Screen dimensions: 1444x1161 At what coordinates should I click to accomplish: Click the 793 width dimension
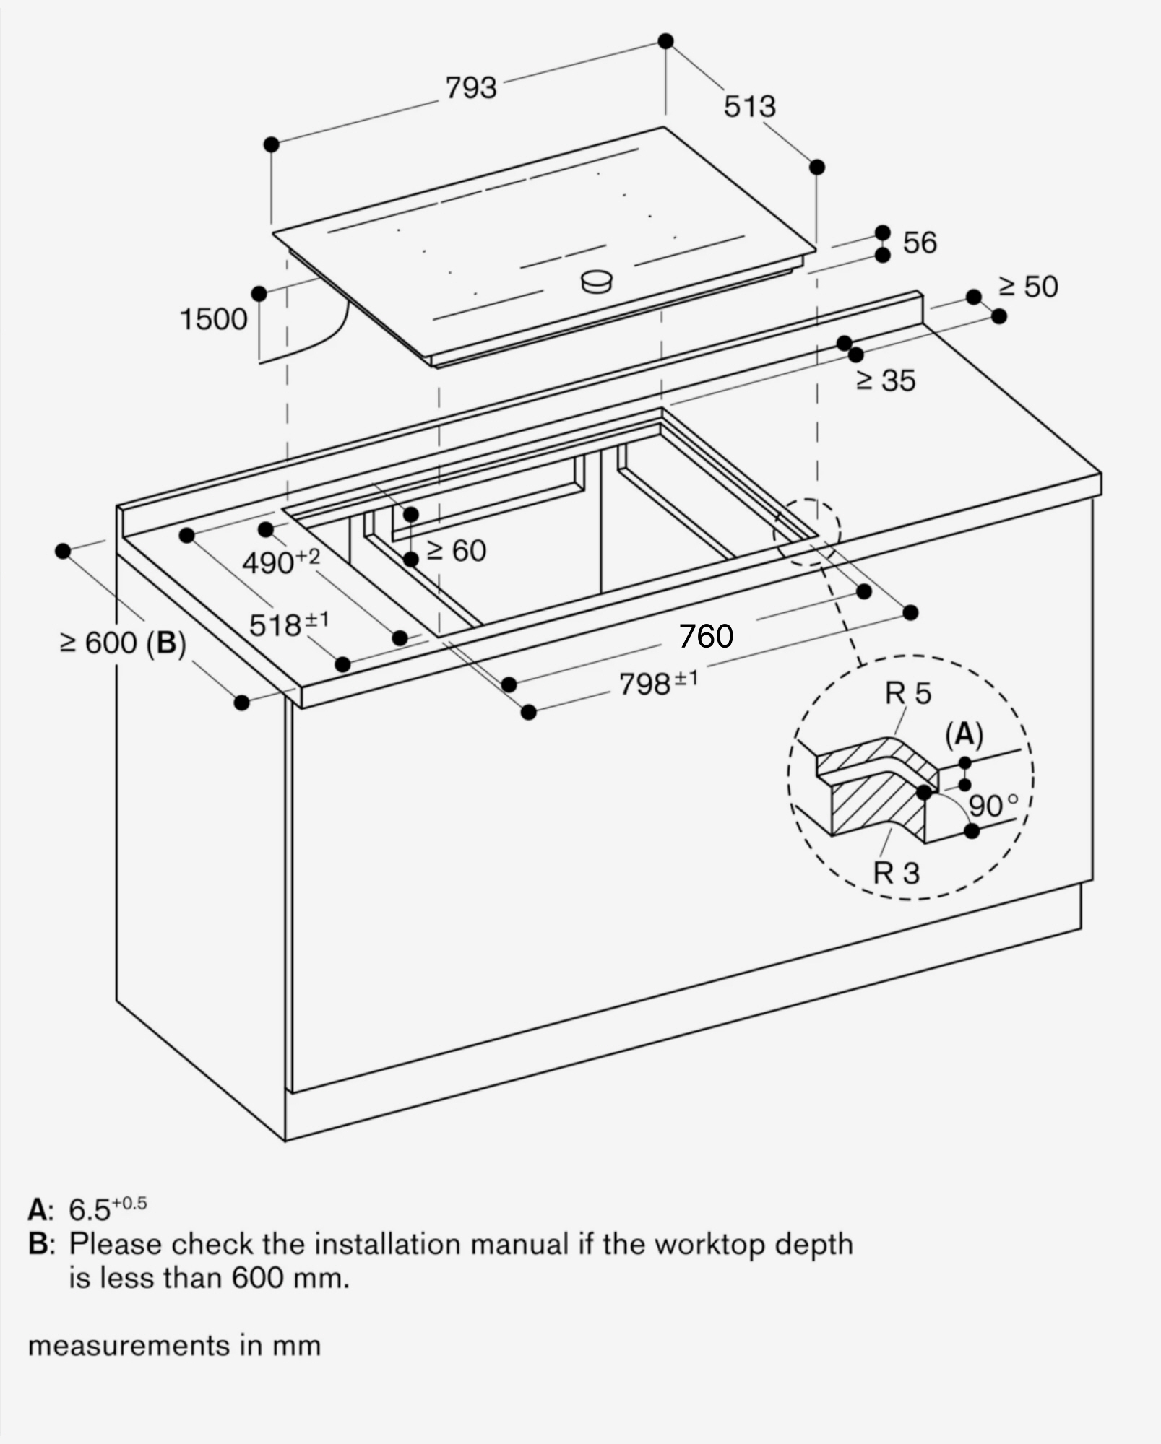click(x=471, y=88)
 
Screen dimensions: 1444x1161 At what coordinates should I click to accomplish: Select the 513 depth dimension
click(x=750, y=107)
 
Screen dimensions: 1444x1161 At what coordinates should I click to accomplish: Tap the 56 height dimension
click(x=920, y=243)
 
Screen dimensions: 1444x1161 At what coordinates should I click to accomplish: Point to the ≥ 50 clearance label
click(x=1028, y=287)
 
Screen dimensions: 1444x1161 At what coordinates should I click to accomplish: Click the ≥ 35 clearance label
click(x=886, y=381)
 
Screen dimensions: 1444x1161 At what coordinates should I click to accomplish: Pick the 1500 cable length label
click(x=213, y=319)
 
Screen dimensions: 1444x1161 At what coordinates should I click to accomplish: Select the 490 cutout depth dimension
click(x=280, y=562)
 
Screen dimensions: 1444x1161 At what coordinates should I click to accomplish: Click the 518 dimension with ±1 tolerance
click(x=288, y=625)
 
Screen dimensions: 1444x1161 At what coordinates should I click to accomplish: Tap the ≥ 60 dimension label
click(x=457, y=552)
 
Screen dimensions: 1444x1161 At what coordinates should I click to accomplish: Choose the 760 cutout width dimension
click(x=706, y=636)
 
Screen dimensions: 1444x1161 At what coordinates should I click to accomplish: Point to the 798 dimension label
click(x=657, y=683)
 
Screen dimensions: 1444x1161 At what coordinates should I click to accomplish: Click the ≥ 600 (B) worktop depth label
click(x=123, y=643)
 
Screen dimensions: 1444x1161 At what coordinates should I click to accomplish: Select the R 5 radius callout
click(x=908, y=694)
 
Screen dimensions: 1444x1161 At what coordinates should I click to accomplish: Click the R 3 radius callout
click(x=896, y=873)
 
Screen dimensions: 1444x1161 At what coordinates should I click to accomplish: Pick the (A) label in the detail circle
click(x=964, y=734)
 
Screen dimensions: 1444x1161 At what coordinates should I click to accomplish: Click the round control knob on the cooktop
click(x=597, y=281)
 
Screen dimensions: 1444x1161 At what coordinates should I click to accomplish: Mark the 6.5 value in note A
click(x=90, y=1210)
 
